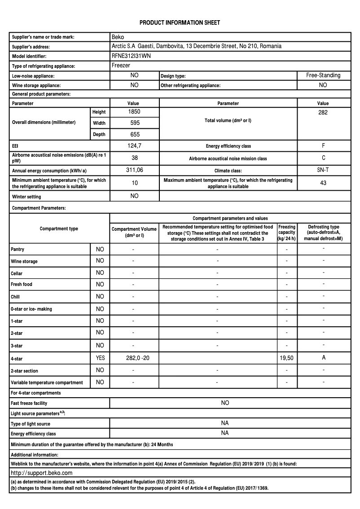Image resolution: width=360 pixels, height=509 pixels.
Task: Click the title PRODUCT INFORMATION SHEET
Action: [180, 22]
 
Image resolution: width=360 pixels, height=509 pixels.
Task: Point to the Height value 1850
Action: [134, 111]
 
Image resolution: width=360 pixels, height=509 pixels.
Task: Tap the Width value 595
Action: [134, 123]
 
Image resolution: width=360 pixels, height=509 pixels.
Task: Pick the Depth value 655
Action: [134, 134]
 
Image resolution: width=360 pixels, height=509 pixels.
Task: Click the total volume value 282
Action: [323, 112]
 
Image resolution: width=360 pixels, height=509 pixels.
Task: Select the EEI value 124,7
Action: [134, 146]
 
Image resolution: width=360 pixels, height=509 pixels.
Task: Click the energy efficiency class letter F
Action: [323, 146]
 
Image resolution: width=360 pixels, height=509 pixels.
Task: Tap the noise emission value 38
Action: [134, 158]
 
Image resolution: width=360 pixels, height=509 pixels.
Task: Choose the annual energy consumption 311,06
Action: [134, 170]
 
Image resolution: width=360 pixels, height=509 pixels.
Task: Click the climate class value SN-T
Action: [323, 170]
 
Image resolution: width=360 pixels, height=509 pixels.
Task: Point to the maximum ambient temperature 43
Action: [323, 183]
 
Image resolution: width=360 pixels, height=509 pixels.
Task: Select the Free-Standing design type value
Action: [323, 75]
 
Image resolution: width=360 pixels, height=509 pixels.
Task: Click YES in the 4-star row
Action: [100, 358]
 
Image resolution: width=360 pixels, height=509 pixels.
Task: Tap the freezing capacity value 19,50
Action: [287, 358]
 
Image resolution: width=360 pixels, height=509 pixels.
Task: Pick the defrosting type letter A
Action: [323, 358]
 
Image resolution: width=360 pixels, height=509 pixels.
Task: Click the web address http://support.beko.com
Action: [41, 473]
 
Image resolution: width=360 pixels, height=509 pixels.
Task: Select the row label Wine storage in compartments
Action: [24, 261]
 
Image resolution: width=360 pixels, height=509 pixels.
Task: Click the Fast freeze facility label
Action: [29, 403]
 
